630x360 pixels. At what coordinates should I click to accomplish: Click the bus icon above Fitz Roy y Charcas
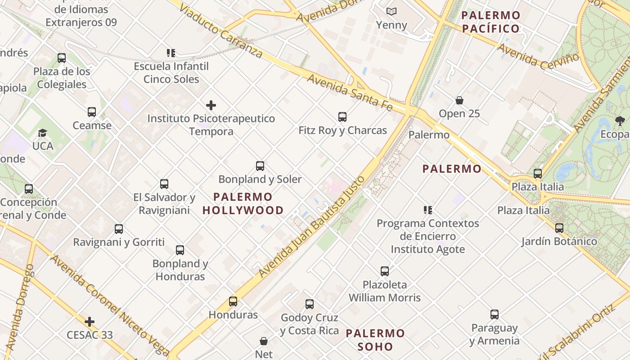342,117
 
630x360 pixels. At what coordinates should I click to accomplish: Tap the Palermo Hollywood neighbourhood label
243,203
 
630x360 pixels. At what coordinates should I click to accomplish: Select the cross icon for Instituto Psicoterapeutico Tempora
211,105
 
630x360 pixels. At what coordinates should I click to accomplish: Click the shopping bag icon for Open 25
459,100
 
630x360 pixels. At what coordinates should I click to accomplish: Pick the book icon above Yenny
391,11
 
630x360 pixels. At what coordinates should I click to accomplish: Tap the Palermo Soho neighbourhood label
376,340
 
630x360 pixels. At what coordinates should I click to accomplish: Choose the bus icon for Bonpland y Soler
260,166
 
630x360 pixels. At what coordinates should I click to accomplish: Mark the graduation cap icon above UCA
43,133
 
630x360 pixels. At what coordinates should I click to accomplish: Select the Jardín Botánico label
559,242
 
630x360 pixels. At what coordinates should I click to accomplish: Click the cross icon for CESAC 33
90,322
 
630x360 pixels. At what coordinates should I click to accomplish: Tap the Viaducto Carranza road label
221,32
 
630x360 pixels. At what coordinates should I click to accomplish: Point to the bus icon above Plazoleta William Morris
385,271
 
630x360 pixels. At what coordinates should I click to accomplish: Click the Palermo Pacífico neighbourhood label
491,22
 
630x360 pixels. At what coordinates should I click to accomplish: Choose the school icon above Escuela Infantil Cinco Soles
171,53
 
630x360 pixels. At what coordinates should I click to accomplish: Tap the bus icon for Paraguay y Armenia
495,315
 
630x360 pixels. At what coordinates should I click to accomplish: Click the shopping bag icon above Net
264,342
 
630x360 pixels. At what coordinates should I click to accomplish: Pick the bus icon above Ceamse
92,112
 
